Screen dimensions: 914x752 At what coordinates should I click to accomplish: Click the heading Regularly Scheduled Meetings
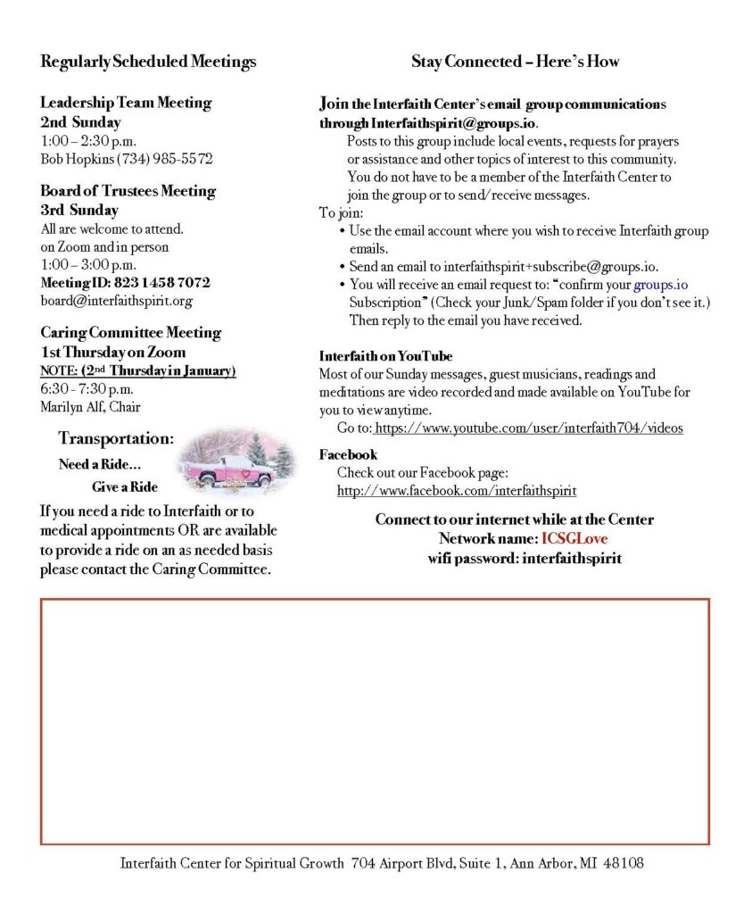(x=148, y=62)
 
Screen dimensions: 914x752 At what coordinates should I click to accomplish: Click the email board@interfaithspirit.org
(x=116, y=301)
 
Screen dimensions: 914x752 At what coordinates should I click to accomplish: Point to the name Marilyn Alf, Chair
(x=90, y=407)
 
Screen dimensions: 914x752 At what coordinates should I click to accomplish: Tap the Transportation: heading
(x=116, y=438)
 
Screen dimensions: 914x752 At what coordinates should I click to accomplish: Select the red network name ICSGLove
(x=574, y=539)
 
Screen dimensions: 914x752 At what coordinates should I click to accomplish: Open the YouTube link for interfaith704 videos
(x=528, y=428)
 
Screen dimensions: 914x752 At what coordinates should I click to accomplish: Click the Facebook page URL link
(x=456, y=490)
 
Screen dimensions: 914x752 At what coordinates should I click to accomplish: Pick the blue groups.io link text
(x=660, y=285)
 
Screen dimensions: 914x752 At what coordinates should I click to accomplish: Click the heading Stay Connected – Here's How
(x=515, y=62)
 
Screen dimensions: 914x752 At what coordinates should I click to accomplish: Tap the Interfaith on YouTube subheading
(x=385, y=356)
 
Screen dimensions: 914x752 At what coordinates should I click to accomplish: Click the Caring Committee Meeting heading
(x=130, y=332)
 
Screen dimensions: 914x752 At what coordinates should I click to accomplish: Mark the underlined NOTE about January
(x=137, y=370)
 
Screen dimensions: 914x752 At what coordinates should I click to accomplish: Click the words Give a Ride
(x=124, y=487)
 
